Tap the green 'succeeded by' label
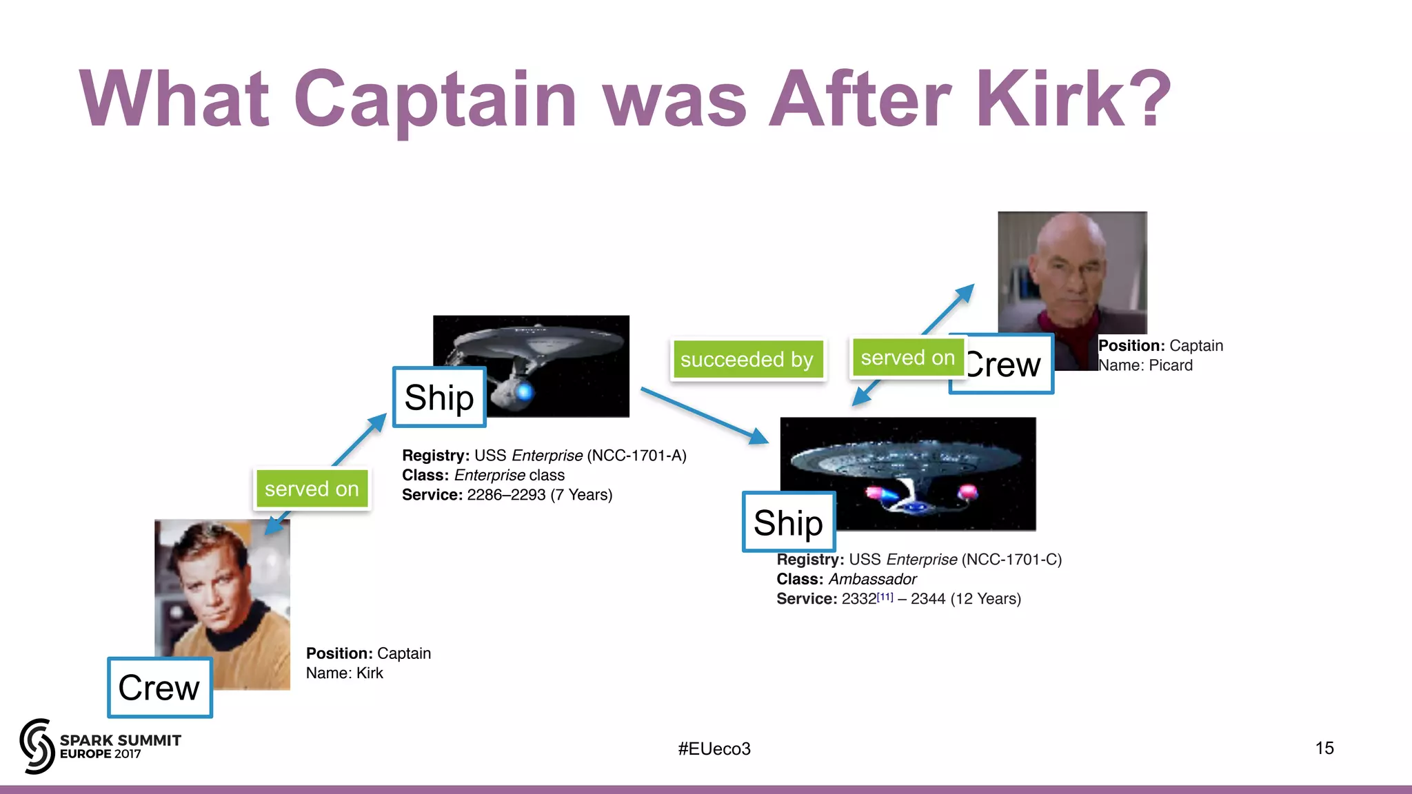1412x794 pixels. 747,359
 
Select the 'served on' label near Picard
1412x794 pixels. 907,358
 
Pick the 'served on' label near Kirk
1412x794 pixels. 312,489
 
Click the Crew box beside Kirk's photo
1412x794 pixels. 160,688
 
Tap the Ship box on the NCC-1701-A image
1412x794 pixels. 439,397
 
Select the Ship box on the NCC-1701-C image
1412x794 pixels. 788,522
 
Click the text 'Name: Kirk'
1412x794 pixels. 344,673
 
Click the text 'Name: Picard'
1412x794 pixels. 1145,365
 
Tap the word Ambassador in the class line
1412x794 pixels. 872,579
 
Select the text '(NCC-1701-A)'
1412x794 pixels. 636,456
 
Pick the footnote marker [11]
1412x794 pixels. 885,596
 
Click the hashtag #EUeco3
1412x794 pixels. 714,749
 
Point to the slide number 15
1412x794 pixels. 1324,748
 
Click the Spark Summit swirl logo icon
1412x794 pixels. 37,746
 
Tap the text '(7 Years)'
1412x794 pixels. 581,495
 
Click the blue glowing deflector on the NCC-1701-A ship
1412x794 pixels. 524,392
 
